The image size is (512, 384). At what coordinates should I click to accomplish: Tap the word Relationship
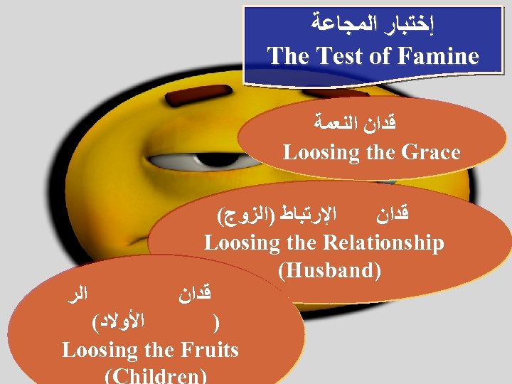(x=383, y=242)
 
